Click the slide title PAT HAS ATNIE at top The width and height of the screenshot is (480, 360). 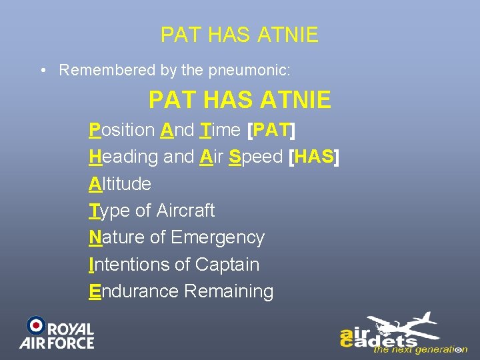(239, 35)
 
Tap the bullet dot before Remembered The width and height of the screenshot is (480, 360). (42, 70)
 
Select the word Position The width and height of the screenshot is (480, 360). (123, 129)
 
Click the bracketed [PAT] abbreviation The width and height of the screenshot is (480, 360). (271, 129)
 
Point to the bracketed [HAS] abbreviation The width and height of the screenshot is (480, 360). (313, 157)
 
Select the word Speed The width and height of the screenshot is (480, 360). (256, 157)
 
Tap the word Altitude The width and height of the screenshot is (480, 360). (120, 183)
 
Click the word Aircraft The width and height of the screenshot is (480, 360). (185, 211)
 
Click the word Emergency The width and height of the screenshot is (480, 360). (217, 237)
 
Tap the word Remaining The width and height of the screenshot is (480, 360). (229, 291)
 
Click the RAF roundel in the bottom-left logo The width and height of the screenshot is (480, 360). (35, 325)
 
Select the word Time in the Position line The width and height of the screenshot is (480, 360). (221, 129)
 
